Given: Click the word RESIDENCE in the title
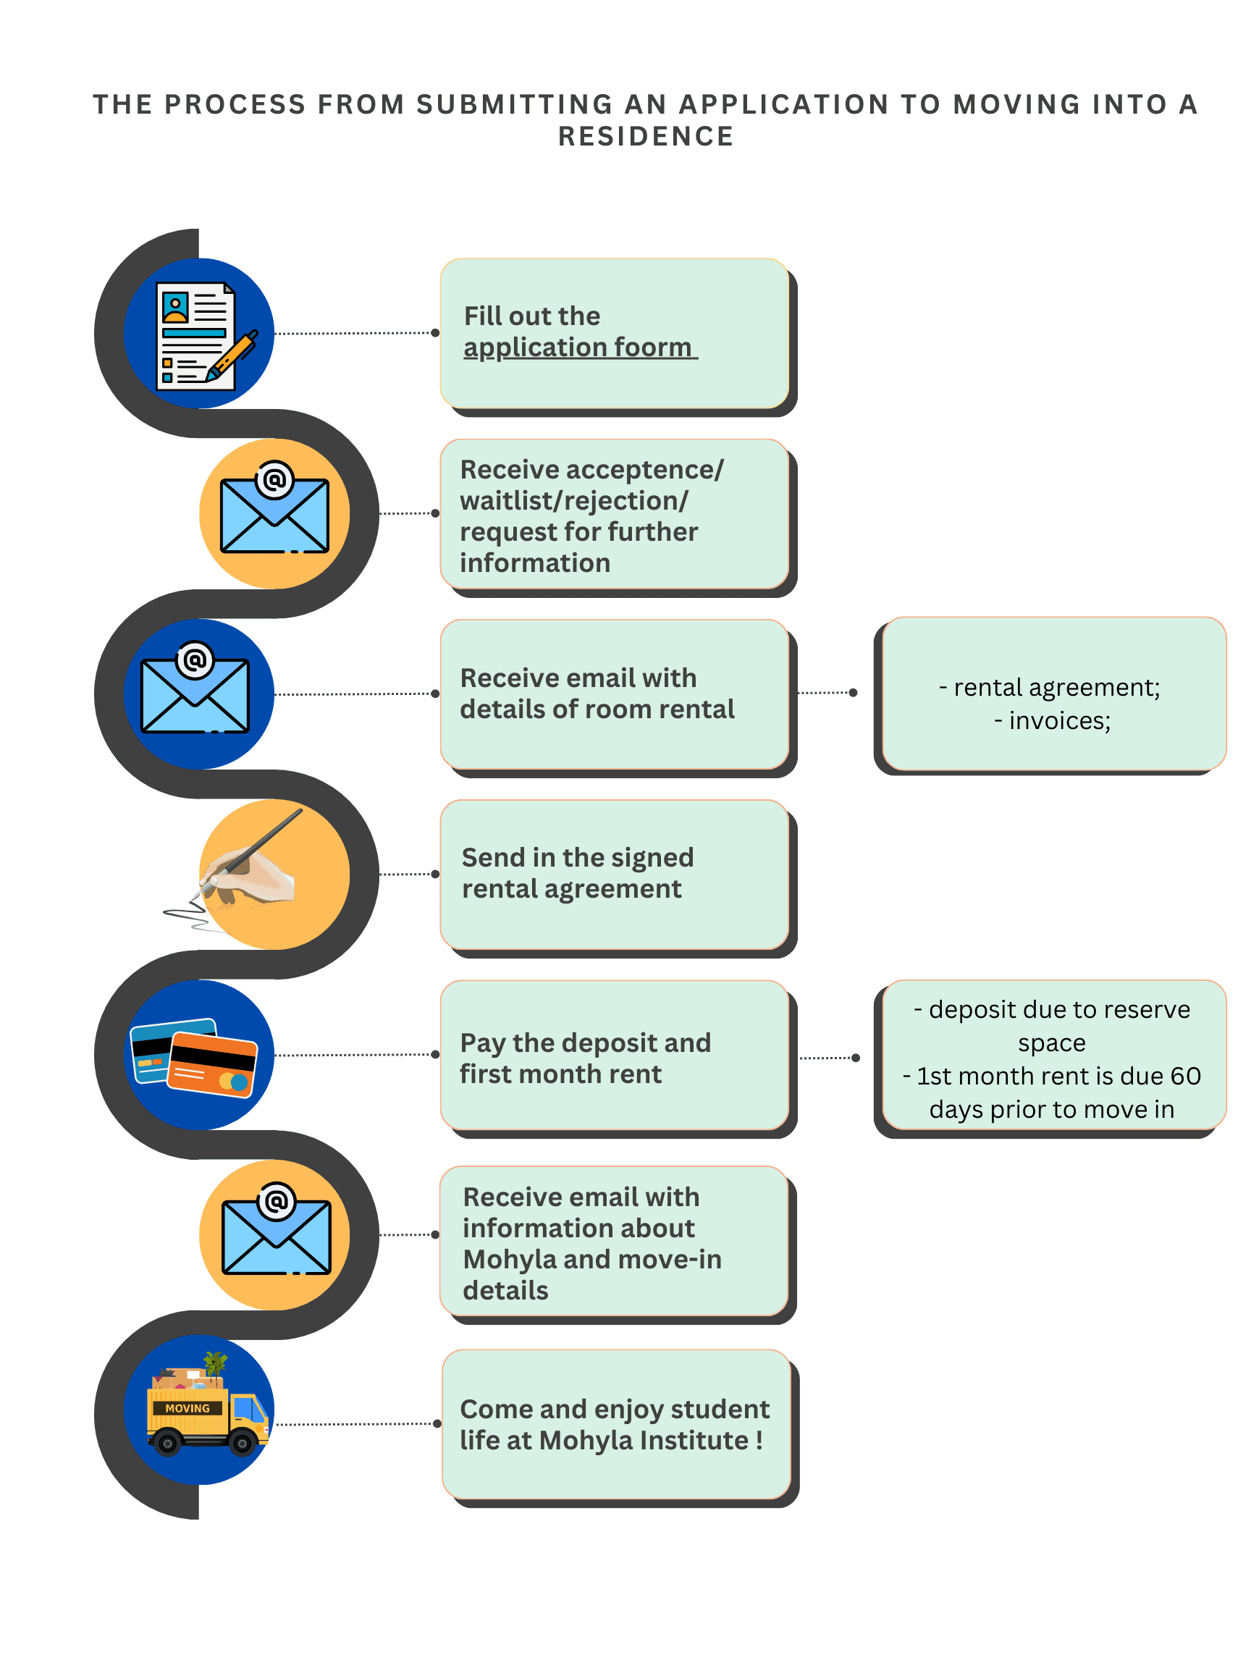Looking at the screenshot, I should [646, 137].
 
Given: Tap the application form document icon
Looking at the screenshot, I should [195, 336].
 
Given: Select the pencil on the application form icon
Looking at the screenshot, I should [233, 356].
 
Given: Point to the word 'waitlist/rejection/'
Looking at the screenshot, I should [574, 501].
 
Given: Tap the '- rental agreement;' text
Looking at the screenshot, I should [1049, 687].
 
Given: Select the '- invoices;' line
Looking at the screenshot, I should [1052, 721].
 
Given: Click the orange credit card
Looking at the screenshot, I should [212, 1064].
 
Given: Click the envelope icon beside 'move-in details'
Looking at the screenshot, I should [276, 1233].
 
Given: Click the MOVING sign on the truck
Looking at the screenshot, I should [187, 1408].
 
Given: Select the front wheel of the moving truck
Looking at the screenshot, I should [242, 1444].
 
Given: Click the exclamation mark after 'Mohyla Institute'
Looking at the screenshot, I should [759, 1439].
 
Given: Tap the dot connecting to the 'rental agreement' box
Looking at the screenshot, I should [853, 692].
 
